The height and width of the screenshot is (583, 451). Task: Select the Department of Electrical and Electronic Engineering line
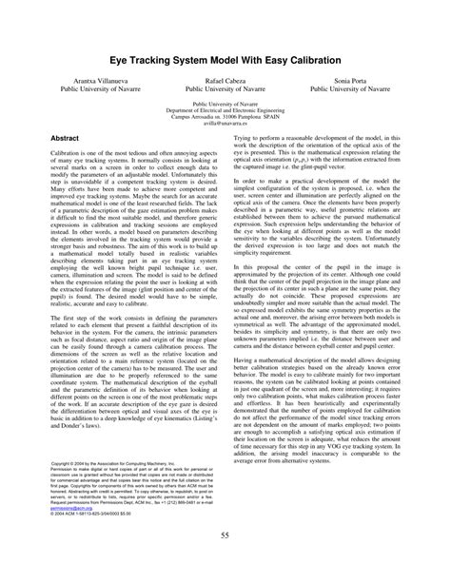(x=225, y=110)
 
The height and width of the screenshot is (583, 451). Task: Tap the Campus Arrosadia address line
(x=225, y=117)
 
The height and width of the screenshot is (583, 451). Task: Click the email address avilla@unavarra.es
(x=225, y=124)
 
